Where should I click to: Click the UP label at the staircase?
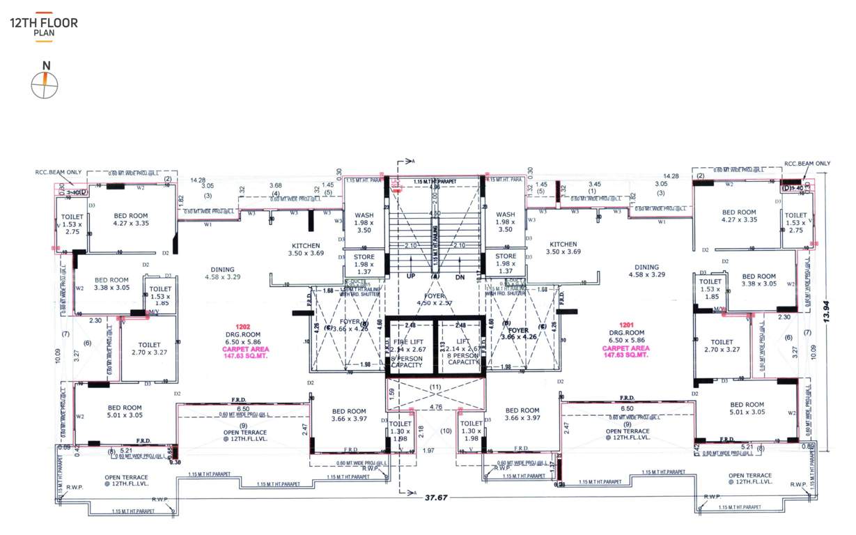point(411,277)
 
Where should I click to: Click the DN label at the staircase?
point(459,277)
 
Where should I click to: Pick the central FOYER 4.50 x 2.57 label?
point(435,298)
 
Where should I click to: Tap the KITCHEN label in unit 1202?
point(306,246)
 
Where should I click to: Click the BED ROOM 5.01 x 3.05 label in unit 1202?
point(125,411)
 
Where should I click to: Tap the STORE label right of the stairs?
point(506,256)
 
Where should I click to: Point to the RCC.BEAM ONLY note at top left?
point(59,171)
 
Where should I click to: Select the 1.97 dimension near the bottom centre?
point(429,451)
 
